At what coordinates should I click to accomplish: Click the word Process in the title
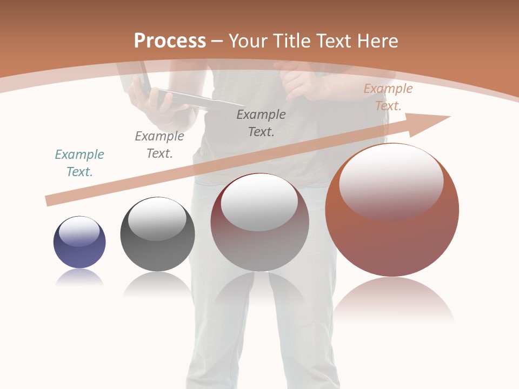170,41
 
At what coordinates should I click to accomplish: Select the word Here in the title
377,41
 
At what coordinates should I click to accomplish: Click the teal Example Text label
79,163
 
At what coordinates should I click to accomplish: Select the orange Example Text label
388,97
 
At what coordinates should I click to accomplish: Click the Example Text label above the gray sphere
159,145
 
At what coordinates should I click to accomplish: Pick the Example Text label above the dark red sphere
261,123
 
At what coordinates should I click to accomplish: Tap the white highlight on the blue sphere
79,231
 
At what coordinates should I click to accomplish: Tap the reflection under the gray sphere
157,283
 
